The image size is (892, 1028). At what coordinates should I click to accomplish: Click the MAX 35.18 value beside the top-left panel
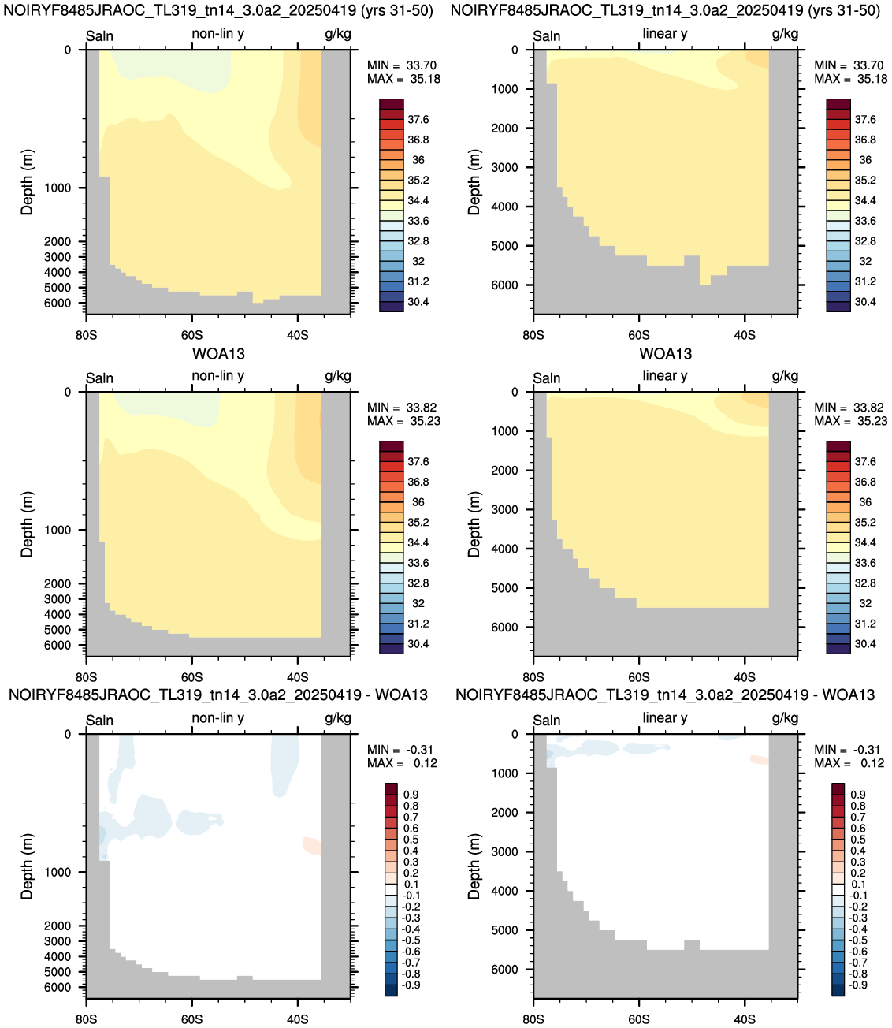click(x=403, y=79)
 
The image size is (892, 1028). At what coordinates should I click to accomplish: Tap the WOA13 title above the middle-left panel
click(x=218, y=354)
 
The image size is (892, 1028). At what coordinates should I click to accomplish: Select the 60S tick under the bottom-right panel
click(x=638, y=1019)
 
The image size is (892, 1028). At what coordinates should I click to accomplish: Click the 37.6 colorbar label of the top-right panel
click(x=865, y=120)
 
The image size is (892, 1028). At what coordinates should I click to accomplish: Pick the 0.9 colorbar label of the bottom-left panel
click(x=411, y=795)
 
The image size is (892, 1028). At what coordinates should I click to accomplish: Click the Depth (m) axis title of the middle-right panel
click(x=474, y=524)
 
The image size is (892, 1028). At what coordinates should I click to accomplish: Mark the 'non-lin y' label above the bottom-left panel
click(x=217, y=718)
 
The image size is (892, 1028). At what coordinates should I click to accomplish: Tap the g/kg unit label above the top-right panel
click(x=785, y=34)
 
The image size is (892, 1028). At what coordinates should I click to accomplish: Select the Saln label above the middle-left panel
click(x=99, y=378)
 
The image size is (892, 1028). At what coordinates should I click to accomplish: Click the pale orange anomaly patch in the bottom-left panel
click(x=312, y=846)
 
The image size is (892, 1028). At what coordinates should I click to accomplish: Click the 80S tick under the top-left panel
click(x=87, y=335)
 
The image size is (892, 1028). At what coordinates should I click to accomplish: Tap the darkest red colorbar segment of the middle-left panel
click(x=392, y=446)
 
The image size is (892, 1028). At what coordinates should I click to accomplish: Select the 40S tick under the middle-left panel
click(x=297, y=677)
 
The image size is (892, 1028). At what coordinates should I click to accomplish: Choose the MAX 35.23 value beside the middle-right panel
click(x=851, y=421)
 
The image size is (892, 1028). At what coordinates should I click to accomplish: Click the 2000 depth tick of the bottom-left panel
click(x=58, y=926)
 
